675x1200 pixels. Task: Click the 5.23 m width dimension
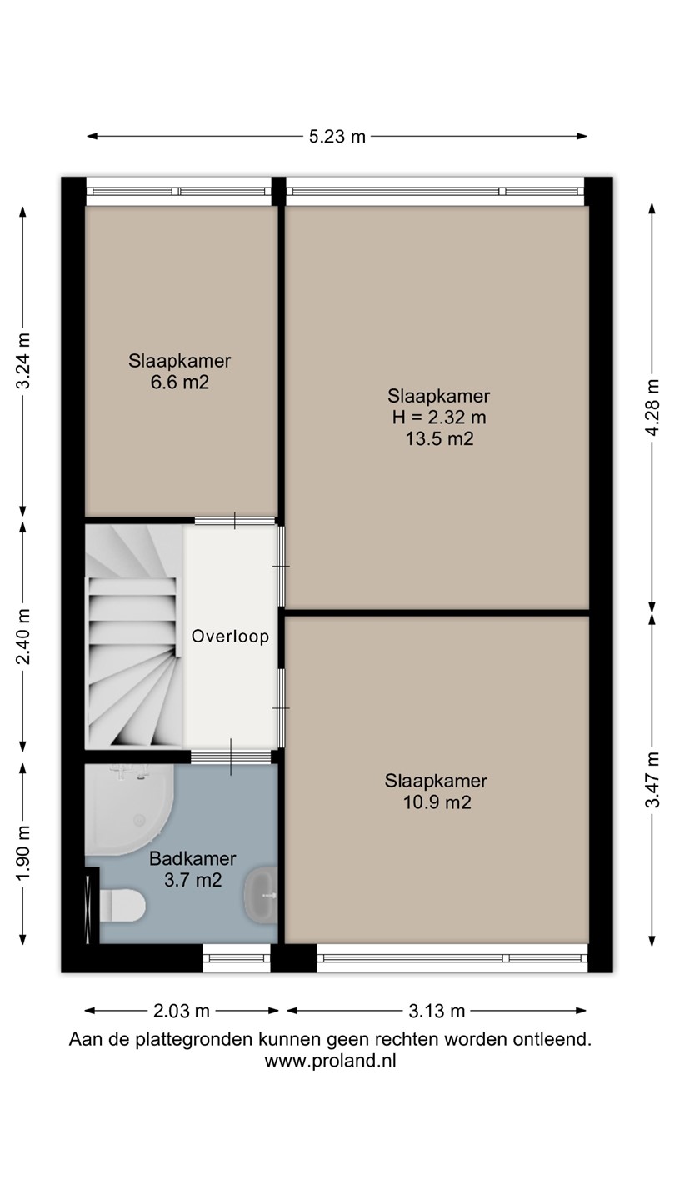pyautogui.click(x=337, y=136)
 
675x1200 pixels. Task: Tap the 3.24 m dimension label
pyautogui.click(x=23, y=361)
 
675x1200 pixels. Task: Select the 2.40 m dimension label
pyautogui.click(x=23, y=637)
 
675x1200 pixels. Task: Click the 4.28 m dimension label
pyautogui.click(x=652, y=407)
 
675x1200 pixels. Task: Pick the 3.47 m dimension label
pyautogui.click(x=652, y=780)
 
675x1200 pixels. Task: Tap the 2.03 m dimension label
pyautogui.click(x=182, y=1011)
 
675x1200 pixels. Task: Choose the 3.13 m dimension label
pyautogui.click(x=437, y=1011)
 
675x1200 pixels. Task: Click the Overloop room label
pyautogui.click(x=230, y=637)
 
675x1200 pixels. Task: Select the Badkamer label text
pyautogui.click(x=192, y=858)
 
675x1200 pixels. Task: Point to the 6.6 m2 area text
pyautogui.click(x=179, y=382)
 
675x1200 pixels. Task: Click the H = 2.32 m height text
pyautogui.click(x=439, y=417)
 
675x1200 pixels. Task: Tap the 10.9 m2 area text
pyautogui.click(x=437, y=802)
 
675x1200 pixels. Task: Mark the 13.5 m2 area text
pyautogui.click(x=439, y=438)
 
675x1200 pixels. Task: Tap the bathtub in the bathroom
pyautogui.click(x=129, y=809)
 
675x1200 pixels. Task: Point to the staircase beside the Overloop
pyautogui.click(x=134, y=637)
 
